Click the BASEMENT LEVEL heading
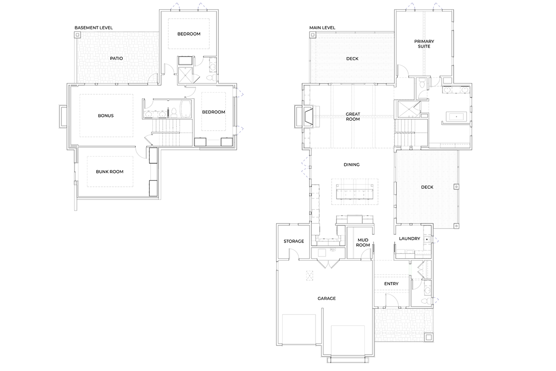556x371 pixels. pyautogui.click(x=94, y=27)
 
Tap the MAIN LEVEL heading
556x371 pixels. pyautogui.click(x=322, y=27)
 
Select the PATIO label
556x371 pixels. pyautogui.click(x=116, y=58)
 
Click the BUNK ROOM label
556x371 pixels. pyautogui.click(x=110, y=172)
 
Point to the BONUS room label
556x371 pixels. pyautogui.click(x=106, y=115)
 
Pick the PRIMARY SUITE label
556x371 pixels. pyautogui.click(x=424, y=44)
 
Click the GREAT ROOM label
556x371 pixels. pyautogui.click(x=353, y=116)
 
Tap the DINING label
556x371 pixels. pyautogui.click(x=352, y=165)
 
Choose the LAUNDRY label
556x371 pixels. pyautogui.click(x=410, y=238)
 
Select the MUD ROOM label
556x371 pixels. pyautogui.click(x=363, y=242)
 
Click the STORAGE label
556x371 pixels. pyautogui.click(x=294, y=241)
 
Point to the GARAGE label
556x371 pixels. pyautogui.click(x=327, y=299)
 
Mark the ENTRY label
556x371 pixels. pyautogui.click(x=391, y=284)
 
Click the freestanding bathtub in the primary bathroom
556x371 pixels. pyautogui.click(x=456, y=116)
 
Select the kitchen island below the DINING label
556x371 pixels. pyautogui.click(x=355, y=192)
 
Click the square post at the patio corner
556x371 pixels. pyautogui.click(x=77, y=35)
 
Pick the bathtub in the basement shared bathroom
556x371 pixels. pyautogui.click(x=187, y=109)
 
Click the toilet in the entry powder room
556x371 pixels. pyautogui.click(x=425, y=301)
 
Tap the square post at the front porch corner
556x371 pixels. pyautogui.click(x=429, y=338)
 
